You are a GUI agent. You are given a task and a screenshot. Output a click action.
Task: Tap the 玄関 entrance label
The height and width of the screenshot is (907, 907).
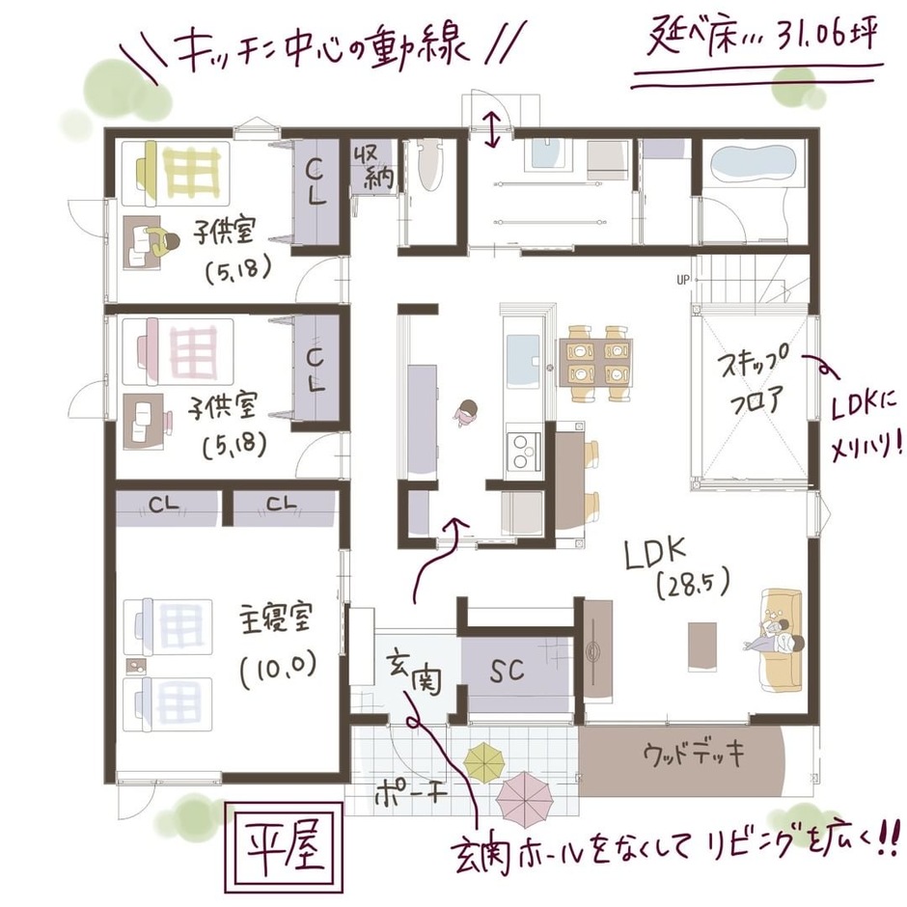pos(413,673)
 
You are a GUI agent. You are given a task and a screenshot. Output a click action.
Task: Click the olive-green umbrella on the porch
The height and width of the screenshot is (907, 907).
pos(485,761)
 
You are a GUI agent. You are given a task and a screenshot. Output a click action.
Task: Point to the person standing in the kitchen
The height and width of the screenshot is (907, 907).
pos(466,413)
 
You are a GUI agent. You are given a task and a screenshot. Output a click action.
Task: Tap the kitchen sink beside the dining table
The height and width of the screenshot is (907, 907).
pos(524,354)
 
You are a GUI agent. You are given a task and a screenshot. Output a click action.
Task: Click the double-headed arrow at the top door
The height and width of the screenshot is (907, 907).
pos(492,128)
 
